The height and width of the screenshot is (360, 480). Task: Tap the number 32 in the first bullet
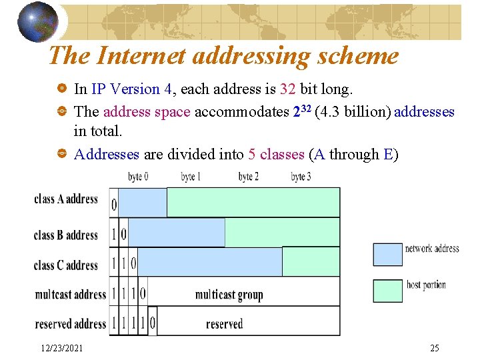click(x=289, y=89)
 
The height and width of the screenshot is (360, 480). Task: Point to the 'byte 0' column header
click(x=139, y=177)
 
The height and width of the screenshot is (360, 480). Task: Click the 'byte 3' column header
click(x=301, y=177)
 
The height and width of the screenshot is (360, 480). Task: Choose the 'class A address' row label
click(x=66, y=199)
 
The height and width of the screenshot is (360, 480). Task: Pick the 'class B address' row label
click(x=66, y=235)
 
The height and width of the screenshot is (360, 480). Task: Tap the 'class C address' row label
click(x=66, y=265)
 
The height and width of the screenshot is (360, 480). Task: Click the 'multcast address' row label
click(x=71, y=294)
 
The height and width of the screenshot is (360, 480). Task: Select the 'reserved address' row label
click(x=71, y=324)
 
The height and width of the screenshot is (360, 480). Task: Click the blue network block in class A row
click(x=142, y=203)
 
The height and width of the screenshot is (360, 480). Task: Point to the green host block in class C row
click(x=311, y=261)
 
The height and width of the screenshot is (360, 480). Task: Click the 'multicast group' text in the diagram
click(x=229, y=294)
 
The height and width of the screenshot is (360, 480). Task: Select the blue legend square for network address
click(x=387, y=254)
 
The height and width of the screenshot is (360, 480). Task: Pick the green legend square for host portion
click(x=387, y=291)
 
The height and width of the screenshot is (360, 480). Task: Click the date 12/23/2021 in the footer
click(x=62, y=348)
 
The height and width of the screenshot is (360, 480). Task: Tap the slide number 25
click(x=434, y=348)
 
